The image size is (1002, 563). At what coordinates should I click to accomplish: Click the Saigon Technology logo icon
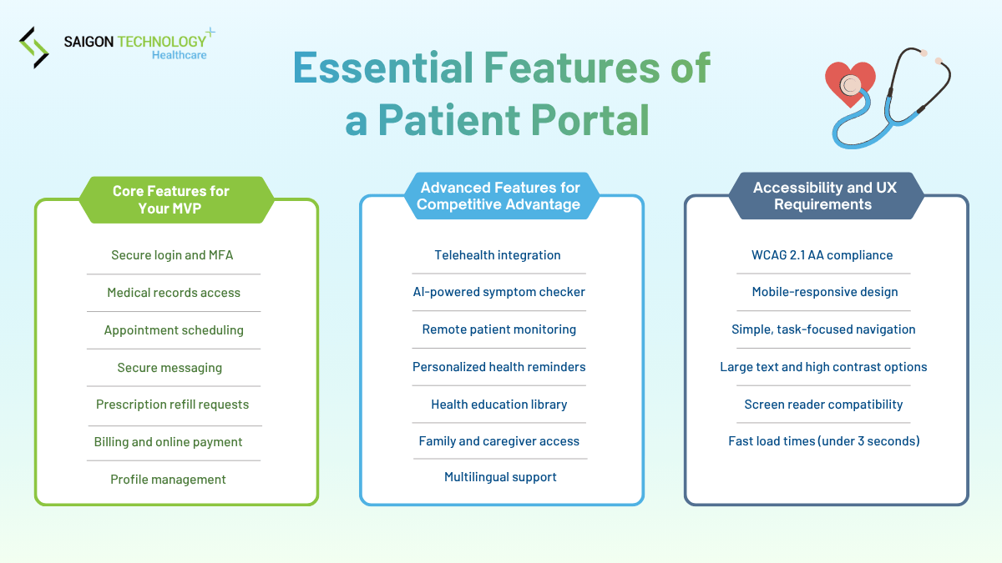[34, 48]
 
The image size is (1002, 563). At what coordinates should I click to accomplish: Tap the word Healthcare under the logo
[179, 55]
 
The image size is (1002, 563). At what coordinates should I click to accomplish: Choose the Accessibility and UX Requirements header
[824, 196]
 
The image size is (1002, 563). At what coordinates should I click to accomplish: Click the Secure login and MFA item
[172, 255]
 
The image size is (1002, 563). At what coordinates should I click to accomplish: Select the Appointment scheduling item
[174, 330]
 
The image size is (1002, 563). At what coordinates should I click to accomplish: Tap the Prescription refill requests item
[172, 405]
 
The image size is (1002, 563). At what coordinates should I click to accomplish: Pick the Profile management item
[168, 480]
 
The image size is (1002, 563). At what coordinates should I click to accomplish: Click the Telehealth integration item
[498, 255]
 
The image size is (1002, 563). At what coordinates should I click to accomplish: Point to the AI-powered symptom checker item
[498, 292]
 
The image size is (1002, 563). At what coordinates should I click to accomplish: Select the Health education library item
[498, 405]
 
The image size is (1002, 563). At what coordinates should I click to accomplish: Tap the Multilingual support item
[500, 477]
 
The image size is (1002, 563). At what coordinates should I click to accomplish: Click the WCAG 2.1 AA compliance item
[822, 255]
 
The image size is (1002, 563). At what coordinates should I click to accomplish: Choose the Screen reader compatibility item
[823, 405]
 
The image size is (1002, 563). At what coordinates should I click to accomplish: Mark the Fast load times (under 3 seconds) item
[823, 441]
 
